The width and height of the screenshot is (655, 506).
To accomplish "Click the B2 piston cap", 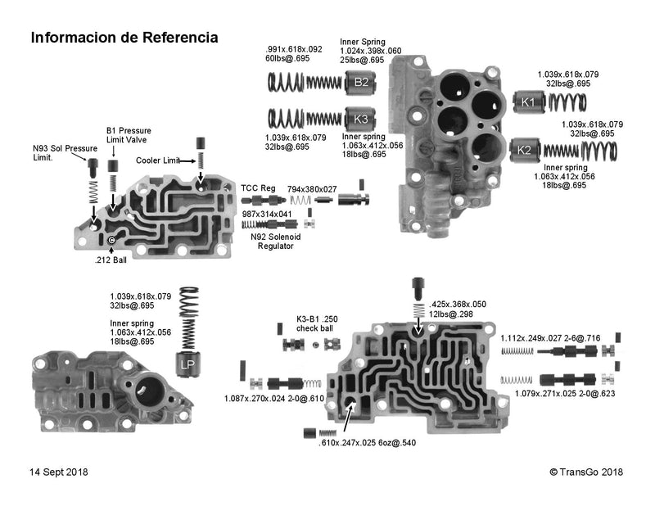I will (360, 82).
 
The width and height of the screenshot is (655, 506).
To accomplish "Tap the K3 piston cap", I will (360, 118).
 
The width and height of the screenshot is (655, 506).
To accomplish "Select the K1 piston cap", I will (528, 102).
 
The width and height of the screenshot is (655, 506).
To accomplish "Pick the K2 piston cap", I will (525, 151).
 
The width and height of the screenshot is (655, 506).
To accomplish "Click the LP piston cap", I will (187, 367).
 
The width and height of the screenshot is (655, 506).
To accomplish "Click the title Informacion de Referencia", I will (124, 38).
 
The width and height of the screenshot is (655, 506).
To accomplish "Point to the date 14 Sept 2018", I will (59, 472).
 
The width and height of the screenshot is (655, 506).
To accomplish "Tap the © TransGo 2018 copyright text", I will (586, 472).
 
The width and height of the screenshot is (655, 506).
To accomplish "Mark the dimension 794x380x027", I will (312, 188).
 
